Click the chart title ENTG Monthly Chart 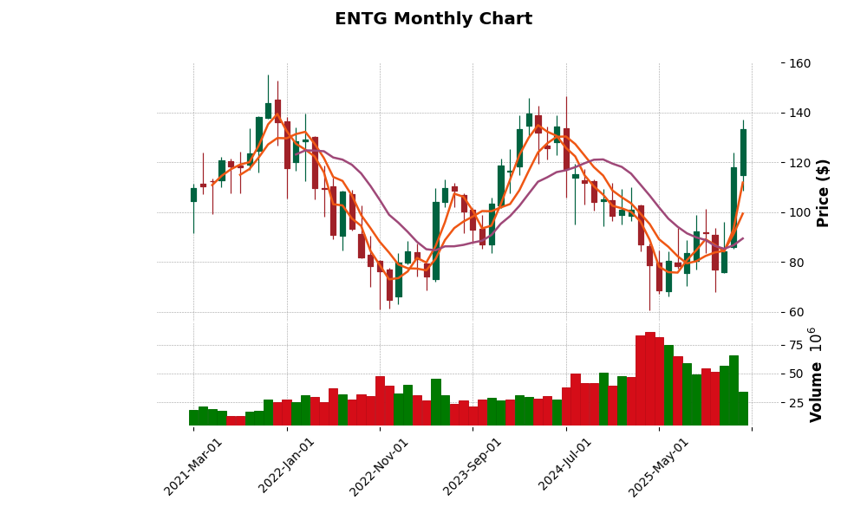click(433, 19)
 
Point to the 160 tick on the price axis click(799, 63)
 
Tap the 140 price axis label click(799, 113)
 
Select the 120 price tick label click(799, 163)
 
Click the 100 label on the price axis click(799, 212)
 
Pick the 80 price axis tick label click(799, 263)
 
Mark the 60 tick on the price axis click(799, 312)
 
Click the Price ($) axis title click(824, 192)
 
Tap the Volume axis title click(816, 374)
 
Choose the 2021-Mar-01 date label click(193, 466)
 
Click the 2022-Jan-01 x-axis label click(287, 466)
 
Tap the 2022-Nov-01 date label click(379, 466)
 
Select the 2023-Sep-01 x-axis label click(473, 466)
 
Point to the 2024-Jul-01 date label click(566, 466)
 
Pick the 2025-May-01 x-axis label click(659, 466)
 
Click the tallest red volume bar click(650, 379)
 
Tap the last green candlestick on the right click(743, 153)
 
